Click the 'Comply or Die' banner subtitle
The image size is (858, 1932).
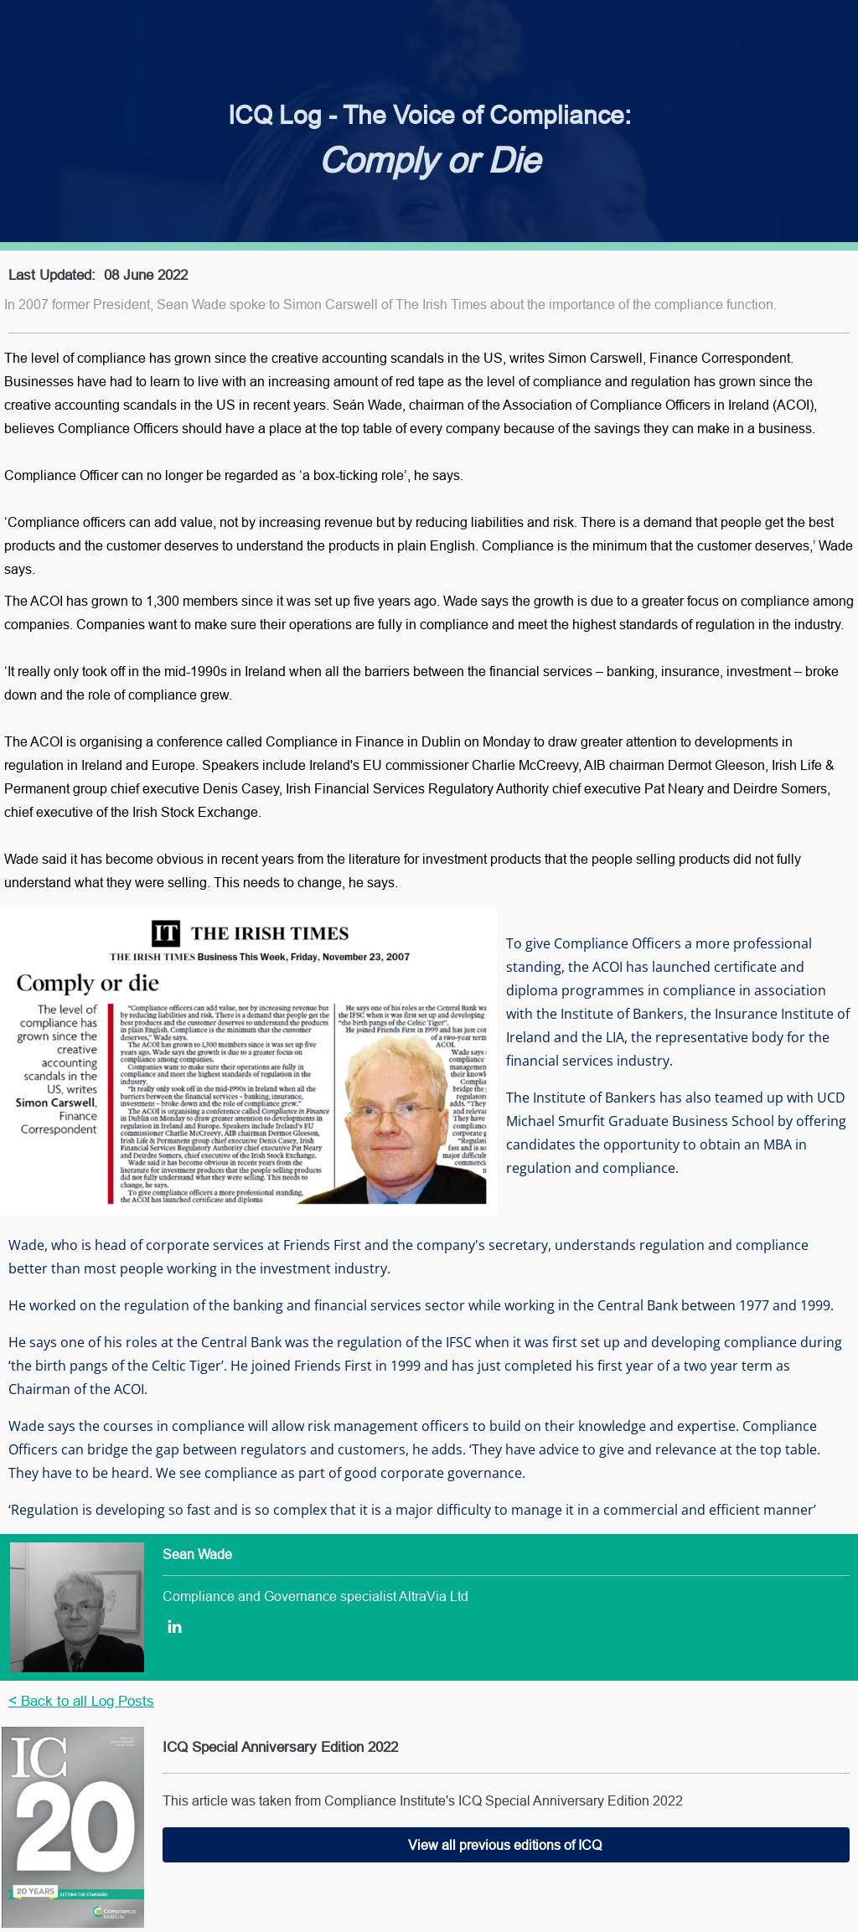click(x=432, y=160)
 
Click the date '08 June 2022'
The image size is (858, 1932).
click(x=146, y=275)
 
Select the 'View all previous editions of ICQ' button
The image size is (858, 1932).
click(x=505, y=1845)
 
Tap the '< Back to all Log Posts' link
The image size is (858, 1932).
click(x=81, y=1701)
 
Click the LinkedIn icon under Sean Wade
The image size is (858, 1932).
click(x=174, y=1627)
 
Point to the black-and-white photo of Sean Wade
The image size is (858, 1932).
click(x=77, y=1607)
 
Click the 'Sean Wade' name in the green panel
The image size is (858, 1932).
click(x=197, y=1554)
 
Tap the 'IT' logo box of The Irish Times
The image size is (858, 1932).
click(x=166, y=933)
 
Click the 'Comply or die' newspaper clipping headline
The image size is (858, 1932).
click(x=87, y=983)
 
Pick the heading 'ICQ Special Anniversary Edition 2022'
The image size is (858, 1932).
click(x=280, y=1747)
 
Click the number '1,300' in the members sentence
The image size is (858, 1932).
click(x=164, y=601)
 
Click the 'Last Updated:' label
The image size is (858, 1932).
click(x=51, y=275)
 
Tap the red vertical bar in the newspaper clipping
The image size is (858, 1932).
click(x=111, y=1103)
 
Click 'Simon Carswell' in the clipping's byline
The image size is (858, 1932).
click(x=55, y=1103)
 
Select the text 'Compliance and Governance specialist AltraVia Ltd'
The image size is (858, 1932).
click(x=315, y=1596)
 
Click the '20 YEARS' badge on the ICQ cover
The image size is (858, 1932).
click(x=35, y=1892)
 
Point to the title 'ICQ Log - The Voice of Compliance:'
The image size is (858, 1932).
click(x=429, y=115)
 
